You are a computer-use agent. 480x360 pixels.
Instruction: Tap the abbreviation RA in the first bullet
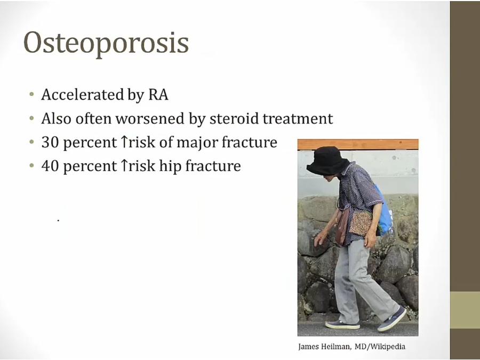pyautogui.click(x=158, y=94)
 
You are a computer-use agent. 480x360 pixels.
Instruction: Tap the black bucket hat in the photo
pyautogui.click(x=327, y=161)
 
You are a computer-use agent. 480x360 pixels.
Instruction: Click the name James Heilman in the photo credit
pyautogui.click(x=324, y=347)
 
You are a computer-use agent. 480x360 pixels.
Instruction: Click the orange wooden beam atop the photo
pyautogui.click(x=358, y=145)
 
